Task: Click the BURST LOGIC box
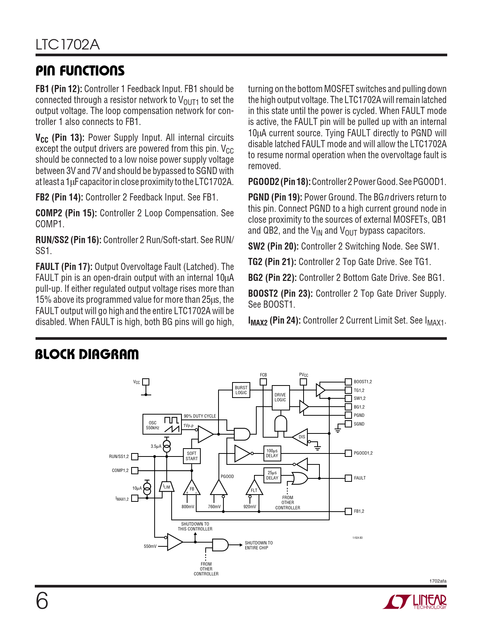[241, 390]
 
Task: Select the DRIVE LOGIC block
[281, 397]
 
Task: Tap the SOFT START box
[192, 456]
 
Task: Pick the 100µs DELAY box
[272, 453]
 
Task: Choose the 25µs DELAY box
[272, 475]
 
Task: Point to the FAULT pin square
[349, 478]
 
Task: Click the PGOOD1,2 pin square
[349, 453]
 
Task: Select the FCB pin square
[263, 382]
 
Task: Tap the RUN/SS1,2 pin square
[135, 456]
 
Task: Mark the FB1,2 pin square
[349, 511]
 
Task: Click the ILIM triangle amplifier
[166, 487]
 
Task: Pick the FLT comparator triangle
[254, 489]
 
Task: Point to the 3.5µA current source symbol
[166, 446]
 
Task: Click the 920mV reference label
[250, 507]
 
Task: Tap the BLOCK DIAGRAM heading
[87, 354]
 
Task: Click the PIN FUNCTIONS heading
[80, 71]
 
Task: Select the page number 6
[42, 601]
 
